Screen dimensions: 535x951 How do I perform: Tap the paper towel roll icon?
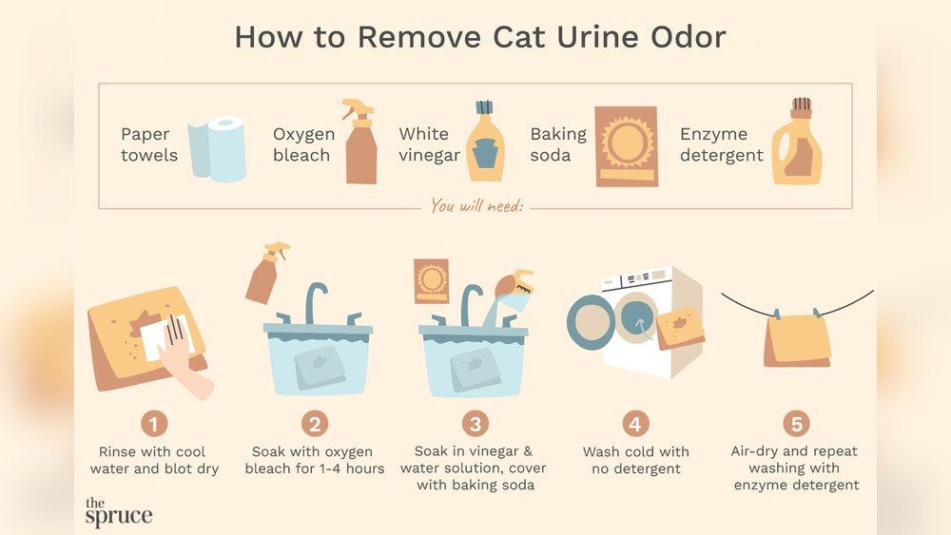tap(219, 148)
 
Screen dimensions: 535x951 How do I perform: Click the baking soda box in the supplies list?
tap(626, 145)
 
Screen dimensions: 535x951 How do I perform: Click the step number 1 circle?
tap(153, 423)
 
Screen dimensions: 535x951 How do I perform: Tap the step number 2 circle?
tap(314, 423)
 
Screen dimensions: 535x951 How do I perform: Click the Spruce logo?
tap(118, 510)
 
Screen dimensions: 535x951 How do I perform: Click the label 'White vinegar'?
tap(429, 144)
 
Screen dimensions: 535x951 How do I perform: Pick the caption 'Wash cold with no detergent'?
tap(635, 460)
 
